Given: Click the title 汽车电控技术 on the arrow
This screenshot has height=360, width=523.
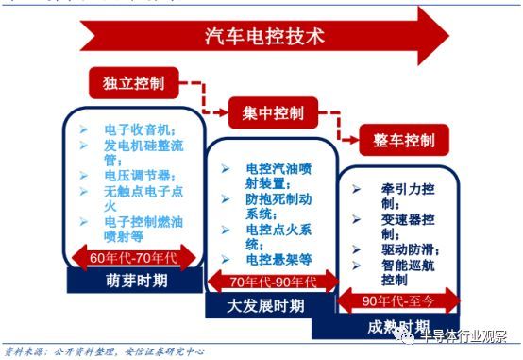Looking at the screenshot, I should tap(263, 38).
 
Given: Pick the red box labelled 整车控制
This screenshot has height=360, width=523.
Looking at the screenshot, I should tap(403, 141).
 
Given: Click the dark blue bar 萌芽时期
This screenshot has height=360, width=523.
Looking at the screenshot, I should tap(128, 281).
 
